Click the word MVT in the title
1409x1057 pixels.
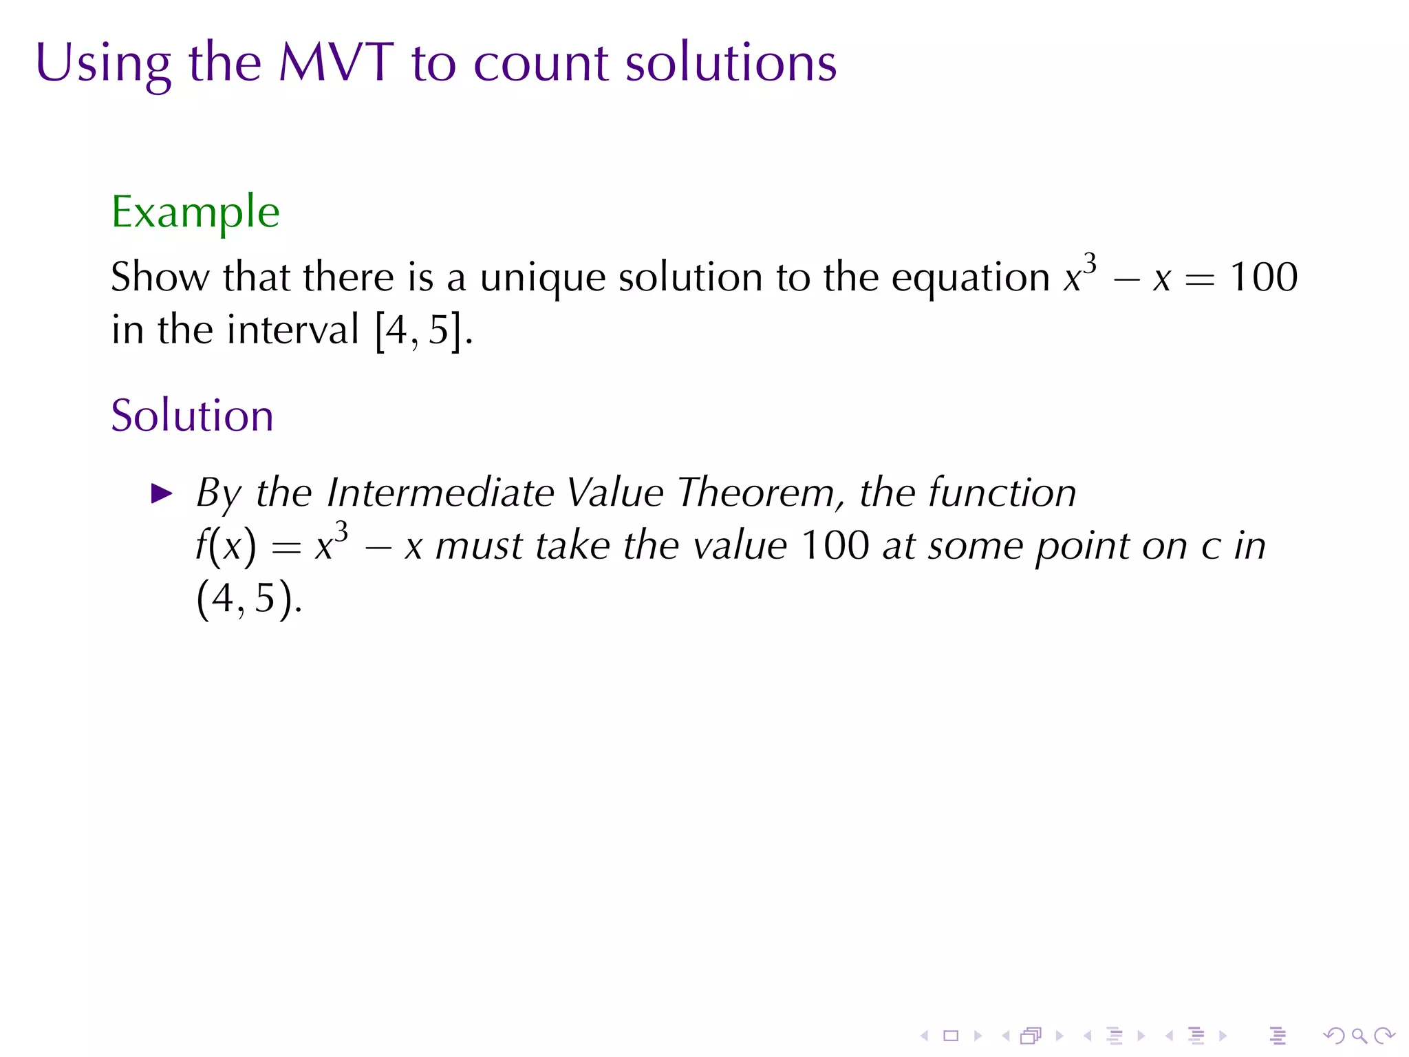click(x=336, y=63)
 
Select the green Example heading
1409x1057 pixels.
click(x=195, y=213)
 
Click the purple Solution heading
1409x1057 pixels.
click(x=192, y=416)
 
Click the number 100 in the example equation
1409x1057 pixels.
click(x=1263, y=277)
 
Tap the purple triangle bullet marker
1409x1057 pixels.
click(x=162, y=493)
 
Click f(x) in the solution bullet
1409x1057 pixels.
click(x=225, y=546)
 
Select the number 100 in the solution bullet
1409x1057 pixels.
click(x=835, y=546)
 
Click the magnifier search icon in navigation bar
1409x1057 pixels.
click(x=1359, y=1036)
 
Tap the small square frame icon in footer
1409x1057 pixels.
click(x=951, y=1036)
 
